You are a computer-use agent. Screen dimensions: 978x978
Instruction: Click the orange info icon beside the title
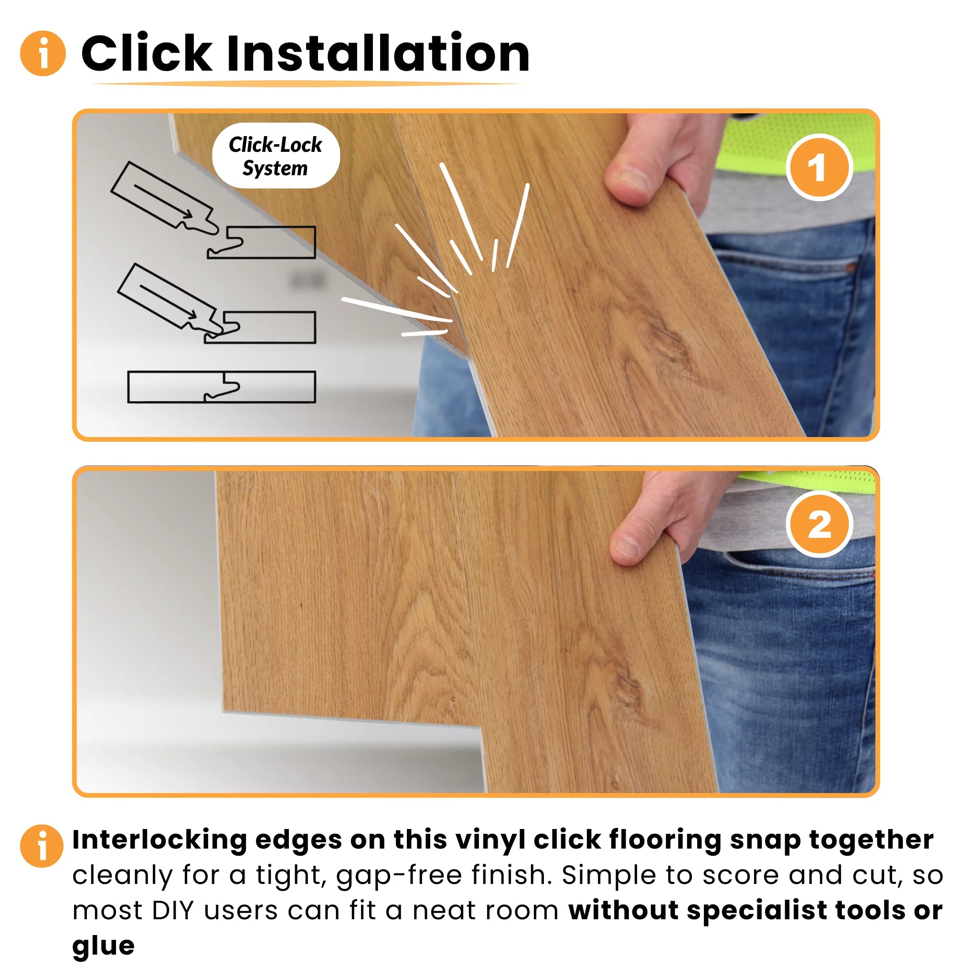(x=43, y=53)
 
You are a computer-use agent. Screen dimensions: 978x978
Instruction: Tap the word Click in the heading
(x=147, y=53)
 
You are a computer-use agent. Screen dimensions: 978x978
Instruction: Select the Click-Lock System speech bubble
(x=276, y=156)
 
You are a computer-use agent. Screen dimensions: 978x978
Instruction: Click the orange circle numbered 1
(x=819, y=168)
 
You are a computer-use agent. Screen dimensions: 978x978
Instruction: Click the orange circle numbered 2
(x=819, y=524)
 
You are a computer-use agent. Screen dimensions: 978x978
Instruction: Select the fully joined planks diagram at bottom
(x=221, y=387)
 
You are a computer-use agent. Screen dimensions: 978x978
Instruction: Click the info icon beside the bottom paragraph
(x=42, y=846)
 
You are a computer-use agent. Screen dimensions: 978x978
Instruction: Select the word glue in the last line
(x=103, y=946)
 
